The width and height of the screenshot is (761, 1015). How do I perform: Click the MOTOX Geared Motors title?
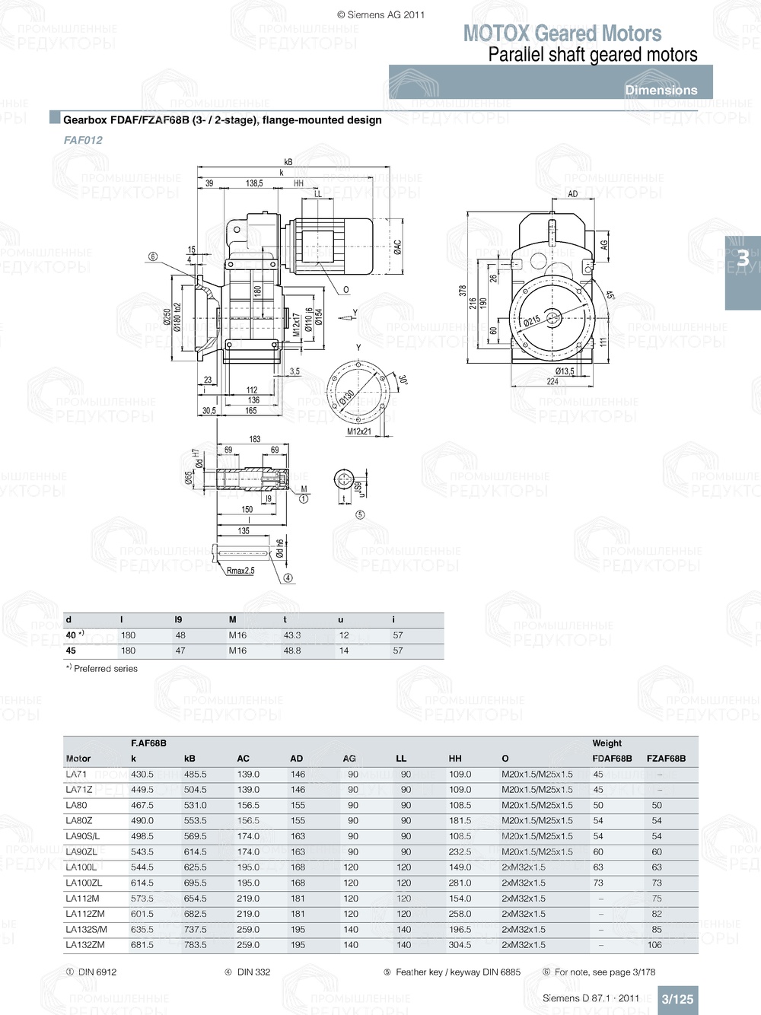coord(562,33)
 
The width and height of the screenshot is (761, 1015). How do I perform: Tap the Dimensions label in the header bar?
coord(661,90)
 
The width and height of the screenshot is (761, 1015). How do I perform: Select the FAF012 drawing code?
coord(83,140)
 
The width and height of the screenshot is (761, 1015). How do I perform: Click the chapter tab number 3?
coord(743,259)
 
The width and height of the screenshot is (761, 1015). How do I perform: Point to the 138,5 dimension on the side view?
coord(254,183)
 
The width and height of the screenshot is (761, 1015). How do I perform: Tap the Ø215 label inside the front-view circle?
coord(532,320)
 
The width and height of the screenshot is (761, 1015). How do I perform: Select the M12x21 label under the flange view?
coord(359,431)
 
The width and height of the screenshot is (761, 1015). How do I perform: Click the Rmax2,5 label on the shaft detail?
coord(240,570)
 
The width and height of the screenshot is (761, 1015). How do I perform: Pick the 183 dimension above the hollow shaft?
coord(255,439)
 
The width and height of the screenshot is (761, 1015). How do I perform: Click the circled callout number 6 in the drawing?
coord(152,256)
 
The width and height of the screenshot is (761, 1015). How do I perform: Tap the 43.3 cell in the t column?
coord(292,635)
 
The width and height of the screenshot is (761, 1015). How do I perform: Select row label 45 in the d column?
coord(71,651)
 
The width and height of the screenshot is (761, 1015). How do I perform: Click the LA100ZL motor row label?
coord(84,883)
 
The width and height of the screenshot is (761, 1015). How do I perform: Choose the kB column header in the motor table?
coord(189,759)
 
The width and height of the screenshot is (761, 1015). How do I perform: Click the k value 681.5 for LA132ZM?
coord(142,945)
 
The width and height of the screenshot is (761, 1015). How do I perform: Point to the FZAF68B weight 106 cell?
coord(654,945)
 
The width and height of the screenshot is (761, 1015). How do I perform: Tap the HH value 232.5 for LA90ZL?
coord(460,852)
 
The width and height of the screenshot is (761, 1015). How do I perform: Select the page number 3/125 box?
coord(677,999)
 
